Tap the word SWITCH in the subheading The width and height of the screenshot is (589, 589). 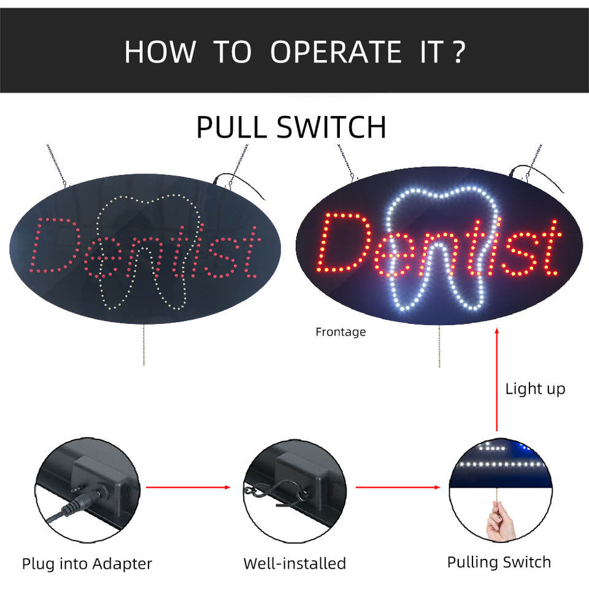[x=331, y=127]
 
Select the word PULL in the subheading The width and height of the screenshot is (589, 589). [x=231, y=127]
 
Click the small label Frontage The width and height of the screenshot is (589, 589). [x=341, y=332]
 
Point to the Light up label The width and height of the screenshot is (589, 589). [x=535, y=388]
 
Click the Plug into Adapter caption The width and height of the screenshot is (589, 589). [x=87, y=563]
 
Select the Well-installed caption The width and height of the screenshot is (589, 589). [x=294, y=563]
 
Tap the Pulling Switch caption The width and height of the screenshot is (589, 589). [x=499, y=562]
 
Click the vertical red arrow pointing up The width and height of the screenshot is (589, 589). [x=496, y=380]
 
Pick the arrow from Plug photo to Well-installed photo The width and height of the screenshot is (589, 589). [x=188, y=488]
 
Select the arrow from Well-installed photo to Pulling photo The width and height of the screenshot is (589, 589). [x=398, y=488]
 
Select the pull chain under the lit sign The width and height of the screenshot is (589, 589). [x=439, y=347]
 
